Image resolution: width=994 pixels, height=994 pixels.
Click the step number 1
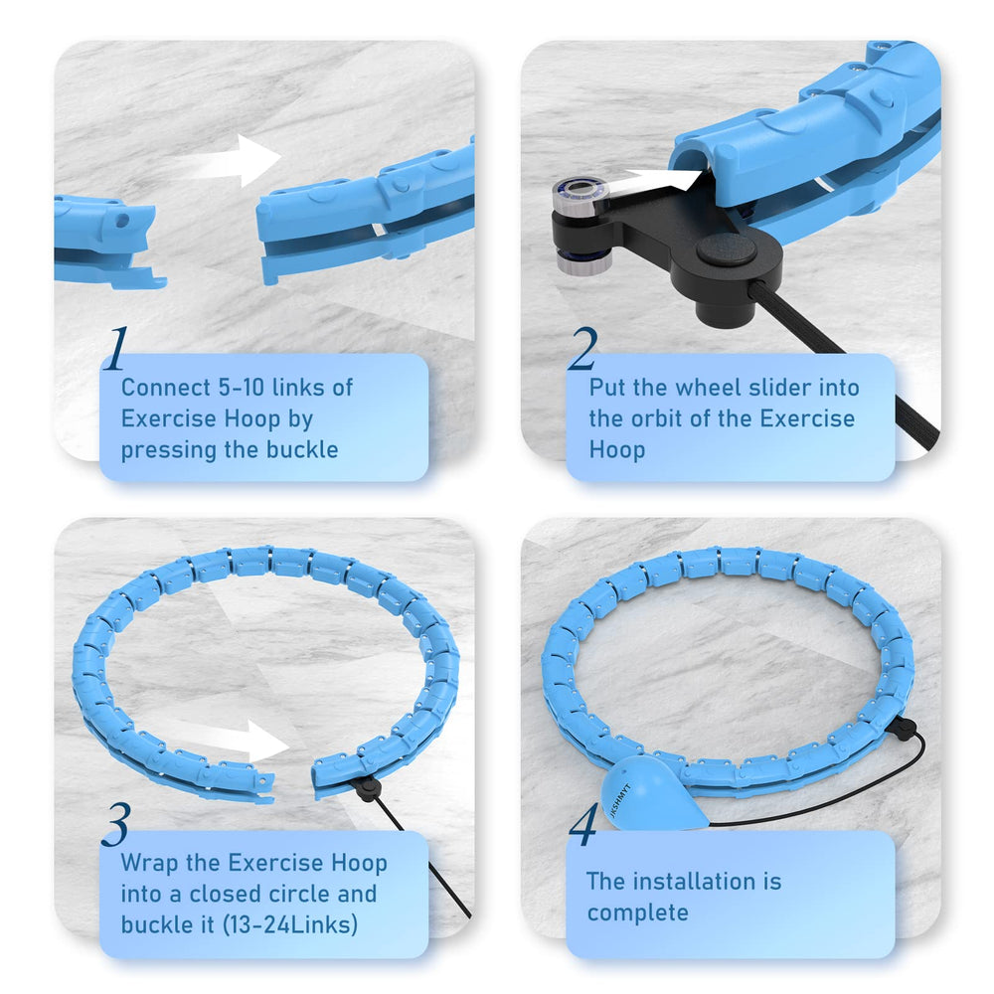click(115, 349)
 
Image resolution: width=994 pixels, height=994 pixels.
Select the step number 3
click(116, 824)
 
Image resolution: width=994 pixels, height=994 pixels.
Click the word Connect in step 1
click(166, 388)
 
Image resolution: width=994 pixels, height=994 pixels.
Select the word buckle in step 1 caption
click(302, 449)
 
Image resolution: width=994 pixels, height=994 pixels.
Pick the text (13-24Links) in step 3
click(290, 924)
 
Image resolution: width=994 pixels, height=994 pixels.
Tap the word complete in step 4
click(637, 912)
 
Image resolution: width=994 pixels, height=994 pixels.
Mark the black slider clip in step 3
click(367, 788)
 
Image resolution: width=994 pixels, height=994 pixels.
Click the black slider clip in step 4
click(905, 728)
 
